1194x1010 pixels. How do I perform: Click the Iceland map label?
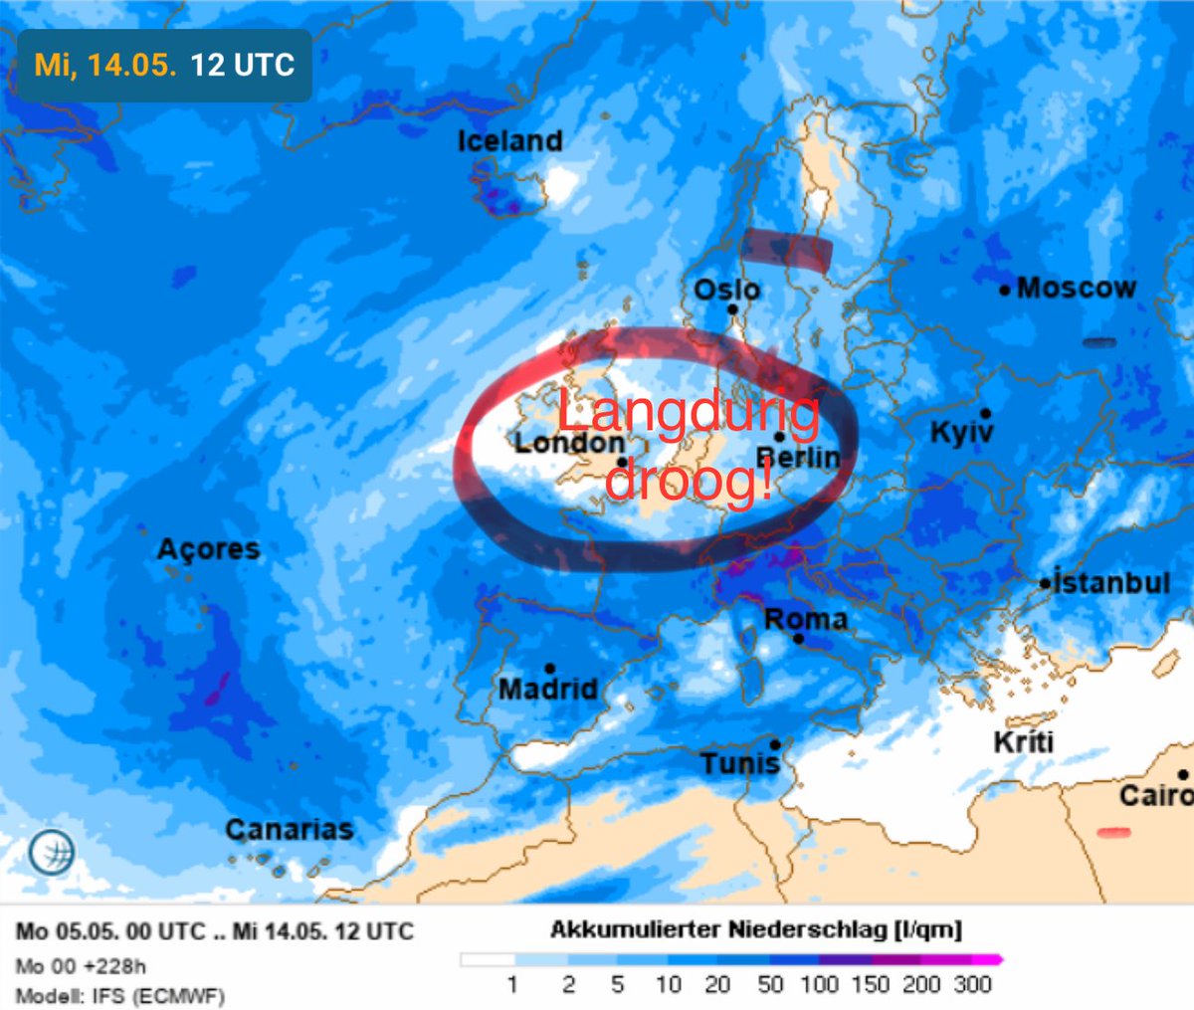(509, 141)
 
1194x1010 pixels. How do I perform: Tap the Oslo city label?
(727, 290)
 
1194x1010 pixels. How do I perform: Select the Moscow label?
(1076, 289)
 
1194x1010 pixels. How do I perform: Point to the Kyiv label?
(961, 432)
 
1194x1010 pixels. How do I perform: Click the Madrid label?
(548, 689)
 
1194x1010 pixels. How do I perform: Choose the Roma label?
(806, 619)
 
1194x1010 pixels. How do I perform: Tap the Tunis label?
(739, 764)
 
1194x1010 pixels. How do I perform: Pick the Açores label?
(208, 548)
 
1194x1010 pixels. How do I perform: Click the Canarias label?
(289, 829)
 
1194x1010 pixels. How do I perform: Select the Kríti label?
(1023, 742)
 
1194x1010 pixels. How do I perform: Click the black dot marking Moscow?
(1005, 291)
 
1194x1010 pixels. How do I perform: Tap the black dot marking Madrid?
(549, 669)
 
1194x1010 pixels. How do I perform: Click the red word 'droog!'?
(689, 481)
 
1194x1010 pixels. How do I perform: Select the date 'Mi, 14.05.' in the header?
(105, 66)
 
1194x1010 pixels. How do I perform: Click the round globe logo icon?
(52, 852)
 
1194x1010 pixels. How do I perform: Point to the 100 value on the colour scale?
(819, 984)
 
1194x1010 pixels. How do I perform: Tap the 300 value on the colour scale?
(972, 984)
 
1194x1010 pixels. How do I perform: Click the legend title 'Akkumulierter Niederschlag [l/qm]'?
(756, 929)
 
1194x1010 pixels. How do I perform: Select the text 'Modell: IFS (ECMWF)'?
(119, 995)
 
